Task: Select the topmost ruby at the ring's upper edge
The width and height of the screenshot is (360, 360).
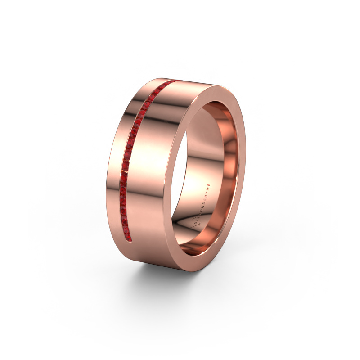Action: pos(173,82)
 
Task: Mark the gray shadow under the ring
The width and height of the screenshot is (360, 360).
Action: pos(148,288)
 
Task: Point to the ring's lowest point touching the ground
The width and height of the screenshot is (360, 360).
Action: pos(180,271)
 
